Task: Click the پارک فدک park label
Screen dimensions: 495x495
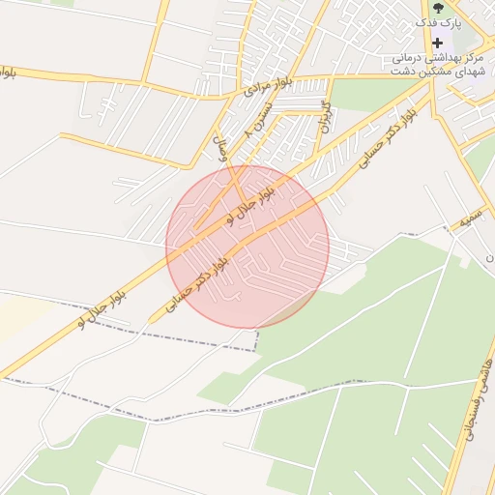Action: pyautogui.click(x=441, y=22)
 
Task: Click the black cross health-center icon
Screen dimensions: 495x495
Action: pyautogui.click(x=437, y=43)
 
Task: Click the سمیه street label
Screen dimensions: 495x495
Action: pyautogui.click(x=470, y=220)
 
